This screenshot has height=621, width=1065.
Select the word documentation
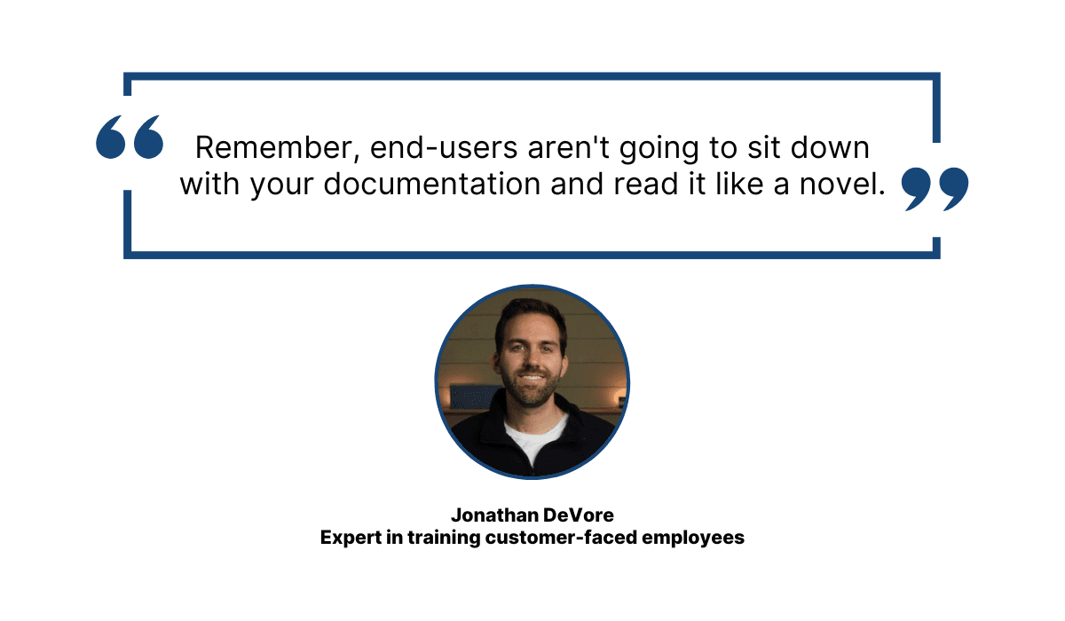[x=432, y=184]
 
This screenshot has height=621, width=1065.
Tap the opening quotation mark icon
[x=130, y=137]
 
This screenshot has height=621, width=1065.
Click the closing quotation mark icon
[x=935, y=189]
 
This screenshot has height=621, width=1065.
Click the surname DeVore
[x=578, y=515]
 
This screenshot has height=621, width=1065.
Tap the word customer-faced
[x=561, y=538]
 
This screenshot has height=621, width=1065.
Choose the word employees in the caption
[x=693, y=538]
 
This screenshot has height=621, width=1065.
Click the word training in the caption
[x=444, y=538]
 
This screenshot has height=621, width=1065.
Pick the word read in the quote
[x=646, y=184]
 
